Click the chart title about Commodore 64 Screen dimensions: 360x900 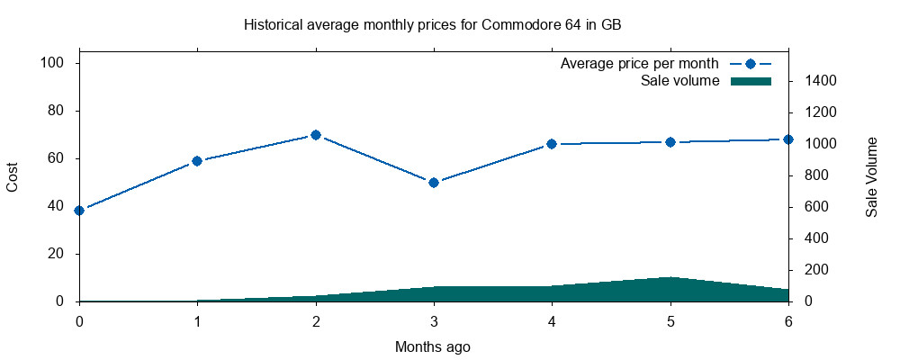click(433, 24)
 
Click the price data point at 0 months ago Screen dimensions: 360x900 click(79, 211)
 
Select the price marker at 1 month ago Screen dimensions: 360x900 click(197, 161)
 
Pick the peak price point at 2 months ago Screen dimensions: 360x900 click(316, 135)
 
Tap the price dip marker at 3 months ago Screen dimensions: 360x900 click(434, 183)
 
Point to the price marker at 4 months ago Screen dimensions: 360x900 click(552, 144)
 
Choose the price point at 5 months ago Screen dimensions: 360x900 click(670, 142)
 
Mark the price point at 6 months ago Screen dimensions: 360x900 click(788, 139)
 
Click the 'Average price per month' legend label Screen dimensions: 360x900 click(639, 64)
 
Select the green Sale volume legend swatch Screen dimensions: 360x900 click(751, 81)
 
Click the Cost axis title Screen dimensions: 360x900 click(13, 176)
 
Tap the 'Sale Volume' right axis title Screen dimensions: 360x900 click(871, 176)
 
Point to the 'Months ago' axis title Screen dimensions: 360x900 click(433, 346)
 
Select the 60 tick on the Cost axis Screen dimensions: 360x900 click(55, 158)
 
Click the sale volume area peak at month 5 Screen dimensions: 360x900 click(670, 279)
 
